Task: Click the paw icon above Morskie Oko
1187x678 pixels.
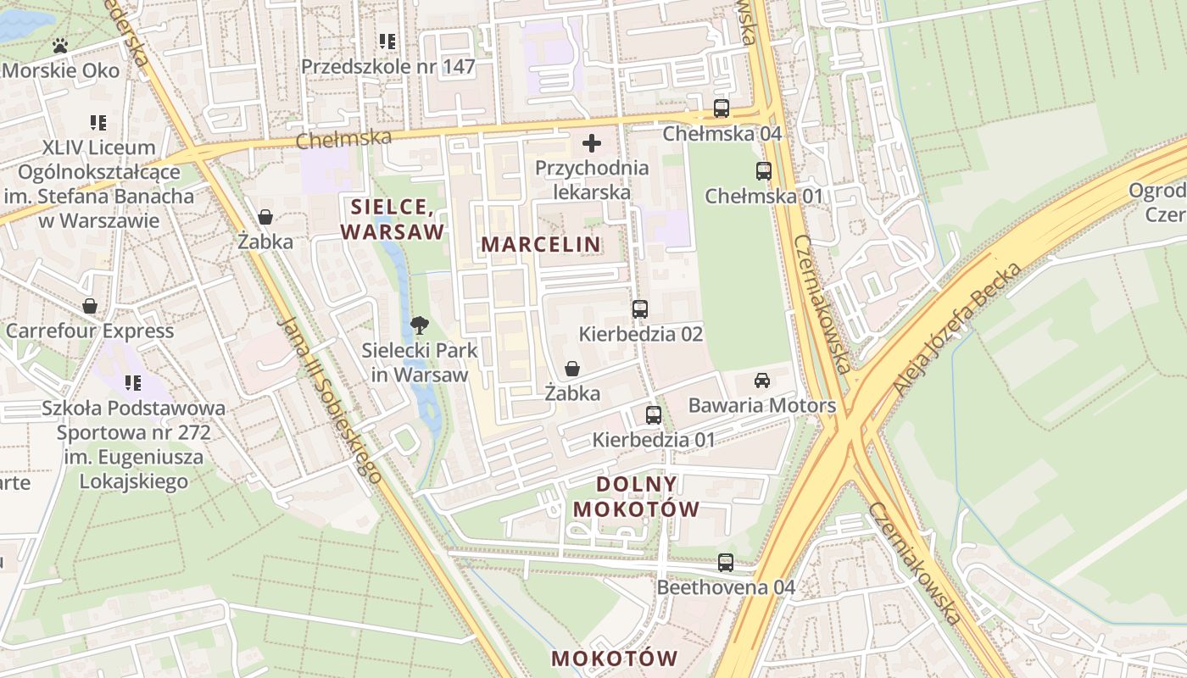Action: tap(60, 46)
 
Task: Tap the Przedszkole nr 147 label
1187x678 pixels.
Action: tap(387, 66)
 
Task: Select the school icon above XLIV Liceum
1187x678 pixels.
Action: tap(98, 123)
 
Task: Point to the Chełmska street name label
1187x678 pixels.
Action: tap(343, 138)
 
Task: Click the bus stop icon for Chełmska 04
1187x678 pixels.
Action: tap(721, 108)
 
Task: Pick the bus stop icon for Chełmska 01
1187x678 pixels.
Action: tap(763, 171)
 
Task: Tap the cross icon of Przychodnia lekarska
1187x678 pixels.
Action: tap(592, 143)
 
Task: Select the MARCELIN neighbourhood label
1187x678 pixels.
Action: tap(541, 244)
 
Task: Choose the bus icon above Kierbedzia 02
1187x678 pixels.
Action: tap(640, 309)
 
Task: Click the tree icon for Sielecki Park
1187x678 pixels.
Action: tap(419, 325)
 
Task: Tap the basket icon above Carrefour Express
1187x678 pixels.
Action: tap(90, 306)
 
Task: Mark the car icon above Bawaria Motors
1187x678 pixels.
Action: tap(761, 381)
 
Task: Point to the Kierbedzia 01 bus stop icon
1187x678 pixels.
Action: tap(653, 415)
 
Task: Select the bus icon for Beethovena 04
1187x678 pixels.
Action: tap(726, 562)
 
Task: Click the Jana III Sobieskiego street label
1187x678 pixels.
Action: tap(328, 400)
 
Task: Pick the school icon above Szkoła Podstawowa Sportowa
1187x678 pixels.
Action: tap(133, 383)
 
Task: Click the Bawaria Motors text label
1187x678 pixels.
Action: tap(761, 406)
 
